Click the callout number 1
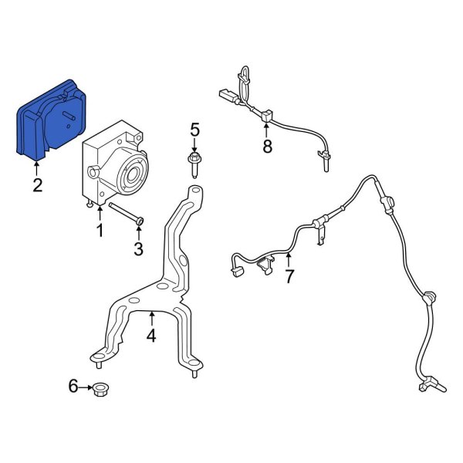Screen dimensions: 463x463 pyautogui.click(x=99, y=230)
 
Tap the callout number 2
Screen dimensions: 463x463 pyautogui.click(x=36, y=184)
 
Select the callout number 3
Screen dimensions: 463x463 pyautogui.click(x=138, y=248)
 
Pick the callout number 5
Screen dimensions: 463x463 pyautogui.click(x=194, y=131)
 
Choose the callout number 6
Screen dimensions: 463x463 pyautogui.click(x=73, y=386)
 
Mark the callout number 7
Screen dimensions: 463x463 pyautogui.click(x=289, y=276)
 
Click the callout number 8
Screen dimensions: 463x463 pyautogui.click(x=267, y=147)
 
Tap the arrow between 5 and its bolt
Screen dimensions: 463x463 pyautogui.click(x=194, y=147)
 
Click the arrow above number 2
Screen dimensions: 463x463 pyautogui.click(x=36, y=167)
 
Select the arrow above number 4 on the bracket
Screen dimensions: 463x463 pyautogui.click(x=152, y=318)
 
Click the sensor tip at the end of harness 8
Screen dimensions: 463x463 pyautogui.click(x=325, y=161)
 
